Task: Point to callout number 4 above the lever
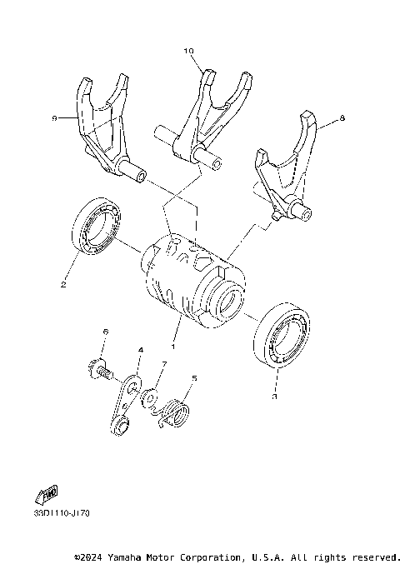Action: tap(141, 351)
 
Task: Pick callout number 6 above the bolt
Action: tap(105, 332)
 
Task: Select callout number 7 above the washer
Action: tap(164, 364)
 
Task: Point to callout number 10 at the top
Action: tap(188, 51)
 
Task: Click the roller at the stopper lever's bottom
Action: tap(121, 428)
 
